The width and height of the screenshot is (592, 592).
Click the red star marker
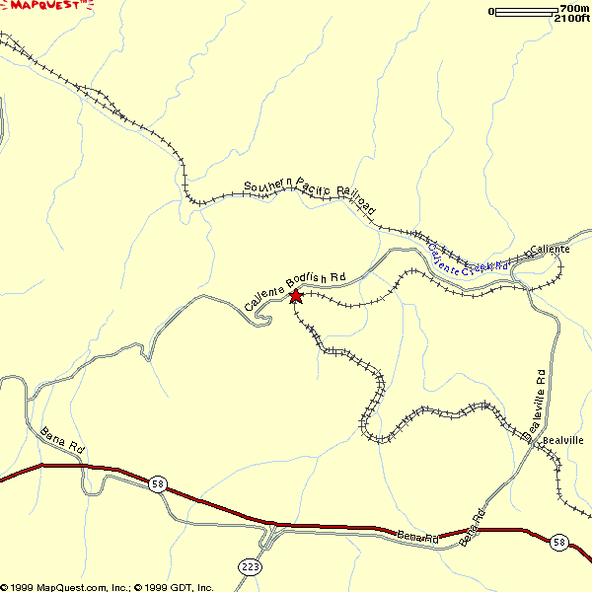tap(295, 295)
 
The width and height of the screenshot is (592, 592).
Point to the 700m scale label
tap(573, 8)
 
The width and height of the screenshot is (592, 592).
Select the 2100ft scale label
tap(571, 18)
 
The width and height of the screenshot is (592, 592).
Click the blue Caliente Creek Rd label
tap(468, 259)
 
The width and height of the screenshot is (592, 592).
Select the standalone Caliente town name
tap(550, 250)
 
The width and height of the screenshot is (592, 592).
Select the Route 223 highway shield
tap(249, 565)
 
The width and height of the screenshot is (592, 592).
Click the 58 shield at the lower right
tap(559, 542)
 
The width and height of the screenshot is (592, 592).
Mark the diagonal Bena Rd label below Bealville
tap(473, 525)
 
